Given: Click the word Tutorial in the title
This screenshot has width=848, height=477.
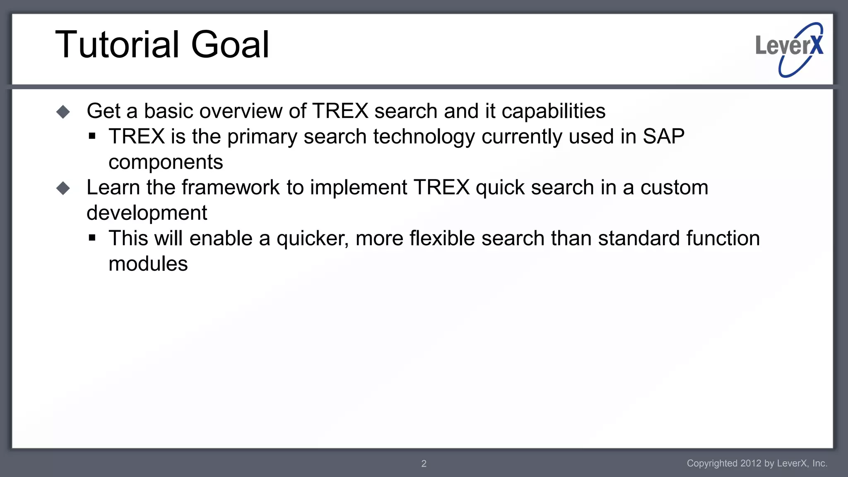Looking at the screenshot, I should point(117,45).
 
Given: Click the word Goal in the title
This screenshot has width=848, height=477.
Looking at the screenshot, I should point(230,45).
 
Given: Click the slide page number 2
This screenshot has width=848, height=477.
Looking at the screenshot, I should point(424,464).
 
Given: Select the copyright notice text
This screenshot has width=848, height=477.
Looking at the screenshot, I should point(757,463).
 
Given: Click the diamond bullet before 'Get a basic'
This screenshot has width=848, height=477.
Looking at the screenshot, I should point(63,112).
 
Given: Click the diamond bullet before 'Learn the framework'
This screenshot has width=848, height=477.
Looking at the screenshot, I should point(63,188).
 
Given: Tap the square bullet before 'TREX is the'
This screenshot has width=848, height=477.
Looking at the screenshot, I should point(92,136).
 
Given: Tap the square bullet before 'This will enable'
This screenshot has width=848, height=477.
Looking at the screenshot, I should point(92,238).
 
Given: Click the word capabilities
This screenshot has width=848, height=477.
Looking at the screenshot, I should point(553,111).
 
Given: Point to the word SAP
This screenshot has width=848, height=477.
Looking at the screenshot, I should point(663,137).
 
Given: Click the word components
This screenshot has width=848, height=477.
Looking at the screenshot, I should point(166,162).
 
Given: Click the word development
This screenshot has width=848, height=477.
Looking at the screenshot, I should point(147,213).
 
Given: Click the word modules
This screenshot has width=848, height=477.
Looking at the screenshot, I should point(148,264).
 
